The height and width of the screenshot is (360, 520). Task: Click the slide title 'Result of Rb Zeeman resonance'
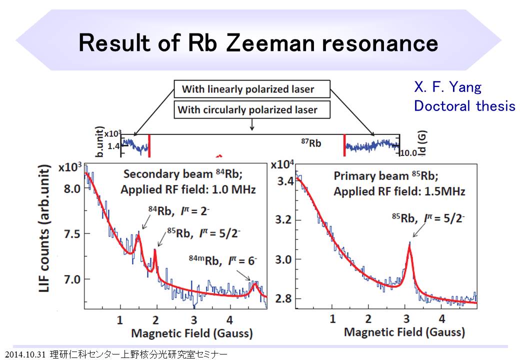[258, 43]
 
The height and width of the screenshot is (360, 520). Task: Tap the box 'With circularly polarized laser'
[247, 109]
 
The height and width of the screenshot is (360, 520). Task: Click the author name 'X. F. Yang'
[447, 88]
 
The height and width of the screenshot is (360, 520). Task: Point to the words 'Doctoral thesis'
[464, 106]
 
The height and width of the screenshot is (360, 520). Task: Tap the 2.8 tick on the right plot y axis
[286, 298]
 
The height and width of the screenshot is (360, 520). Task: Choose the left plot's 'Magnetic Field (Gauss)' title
[191, 333]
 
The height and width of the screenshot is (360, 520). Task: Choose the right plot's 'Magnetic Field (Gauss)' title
[404, 331]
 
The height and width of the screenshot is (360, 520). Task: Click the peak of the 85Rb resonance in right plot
[410, 243]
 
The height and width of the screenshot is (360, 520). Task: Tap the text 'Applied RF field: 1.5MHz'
[399, 191]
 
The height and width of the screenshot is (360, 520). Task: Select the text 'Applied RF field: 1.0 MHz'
[188, 189]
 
